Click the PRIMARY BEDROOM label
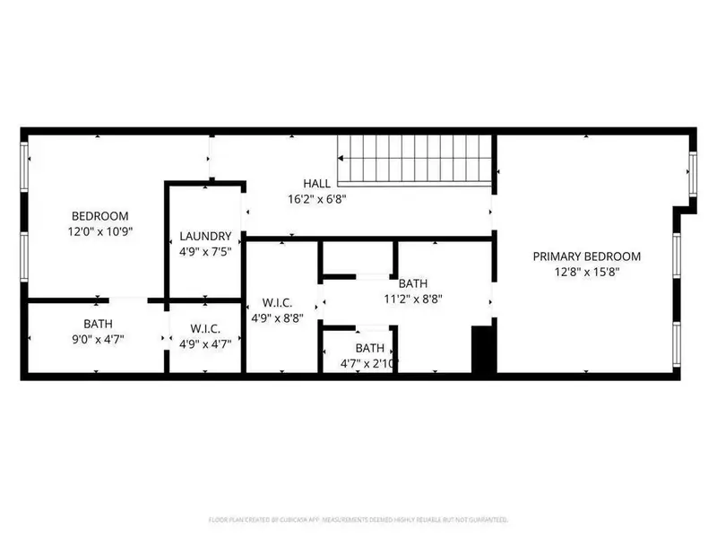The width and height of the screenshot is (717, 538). [x=588, y=256]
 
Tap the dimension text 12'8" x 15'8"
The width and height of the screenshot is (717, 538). [x=588, y=273]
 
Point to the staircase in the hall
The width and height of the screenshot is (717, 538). [x=414, y=160]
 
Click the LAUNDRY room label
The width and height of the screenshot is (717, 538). [x=206, y=237]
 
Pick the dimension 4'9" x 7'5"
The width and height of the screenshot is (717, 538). [x=206, y=252]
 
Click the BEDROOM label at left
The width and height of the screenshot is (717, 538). [x=99, y=216]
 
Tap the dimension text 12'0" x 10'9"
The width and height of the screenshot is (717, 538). [x=99, y=231]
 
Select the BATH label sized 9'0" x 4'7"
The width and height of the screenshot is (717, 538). [x=98, y=324]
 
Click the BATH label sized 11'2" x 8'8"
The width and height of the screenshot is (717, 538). [x=413, y=283]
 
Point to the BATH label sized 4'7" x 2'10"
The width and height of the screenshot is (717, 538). [x=369, y=348]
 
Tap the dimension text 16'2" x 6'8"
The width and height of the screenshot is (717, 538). [x=316, y=199]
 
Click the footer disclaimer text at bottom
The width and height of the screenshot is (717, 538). [x=358, y=519]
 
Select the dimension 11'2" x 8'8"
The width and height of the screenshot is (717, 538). [x=413, y=299]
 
